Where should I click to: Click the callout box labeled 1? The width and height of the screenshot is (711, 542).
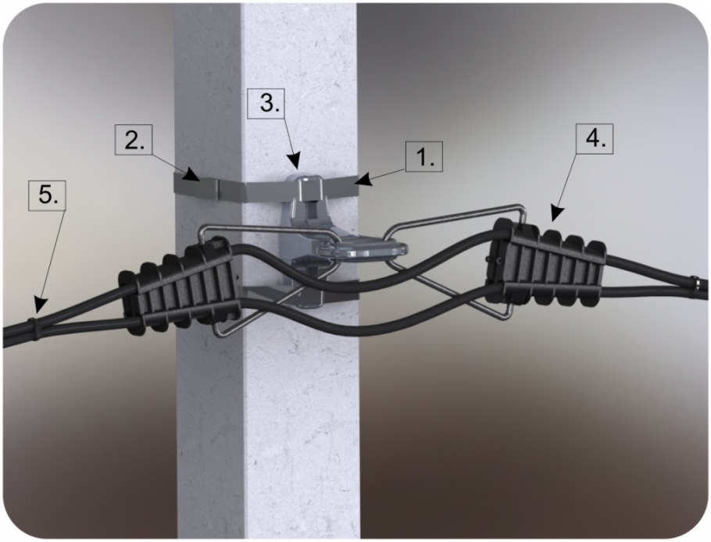pyautogui.click(x=423, y=156)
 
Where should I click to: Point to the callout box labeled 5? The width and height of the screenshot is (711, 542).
pyautogui.click(x=47, y=195)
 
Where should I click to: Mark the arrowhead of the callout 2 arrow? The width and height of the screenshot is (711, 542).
pyautogui.click(x=193, y=175)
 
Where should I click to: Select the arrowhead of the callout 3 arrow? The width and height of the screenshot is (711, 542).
pyautogui.click(x=294, y=163)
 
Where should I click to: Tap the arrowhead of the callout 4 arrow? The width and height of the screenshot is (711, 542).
pyautogui.click(x=557, y=214)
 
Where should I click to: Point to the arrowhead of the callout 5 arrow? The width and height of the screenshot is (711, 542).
pyautogui.click(x=38, y=303)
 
